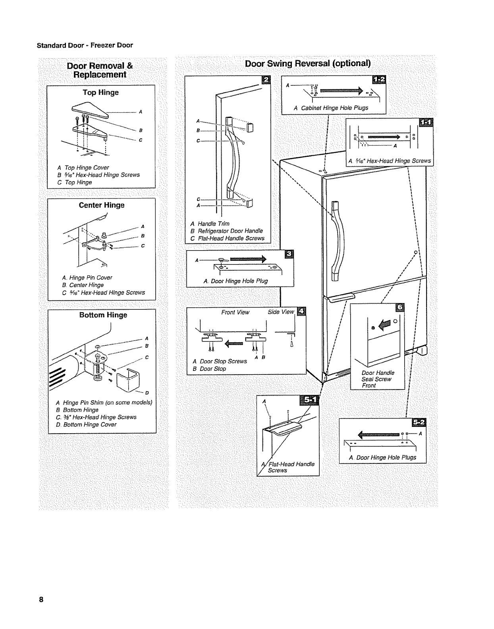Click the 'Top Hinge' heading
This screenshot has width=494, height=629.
tap(100, 93)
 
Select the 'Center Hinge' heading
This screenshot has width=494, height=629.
tap(102, 205)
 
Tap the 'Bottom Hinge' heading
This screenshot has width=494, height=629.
tap(103, 315)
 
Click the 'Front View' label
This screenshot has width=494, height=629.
tap(235, 313)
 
